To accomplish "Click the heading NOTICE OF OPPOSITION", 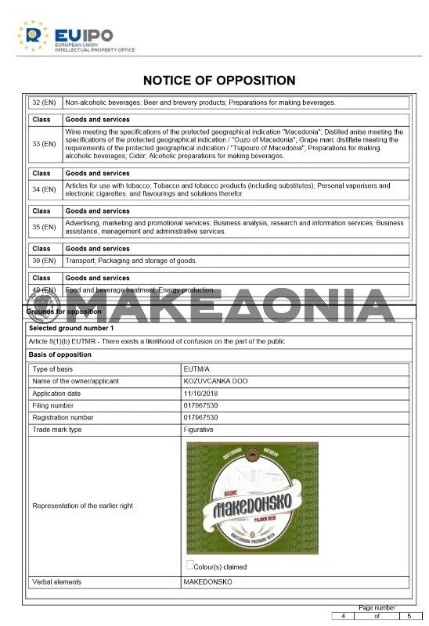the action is tap(219, 81).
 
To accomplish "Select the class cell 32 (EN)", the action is tap(44, 103).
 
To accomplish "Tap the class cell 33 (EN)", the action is tap(44, 144).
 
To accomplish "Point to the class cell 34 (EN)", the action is tap(44, 189).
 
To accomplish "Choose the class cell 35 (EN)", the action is tap(44, 227).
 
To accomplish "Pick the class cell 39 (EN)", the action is tap(44, 261).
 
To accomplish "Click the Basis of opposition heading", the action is tap(60, 354).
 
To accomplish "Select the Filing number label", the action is tap(53, 405).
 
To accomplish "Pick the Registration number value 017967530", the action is tap(201, 417).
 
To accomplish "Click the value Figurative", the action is tap(199, 430).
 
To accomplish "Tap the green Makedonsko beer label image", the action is tap(252, 498).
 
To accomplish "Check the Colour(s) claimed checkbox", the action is tap(189, 564).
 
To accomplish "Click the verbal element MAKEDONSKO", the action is tap(208, 582).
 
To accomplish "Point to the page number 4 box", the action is tap(342, 616).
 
